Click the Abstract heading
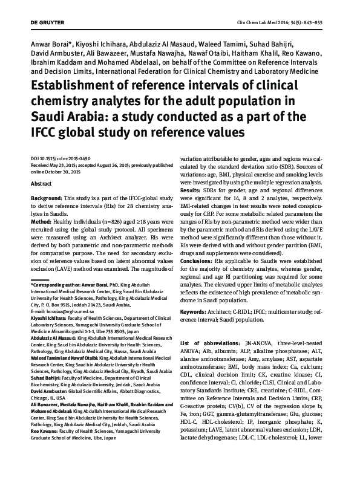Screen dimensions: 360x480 pos(41,182)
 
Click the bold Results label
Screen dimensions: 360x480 pos(192,190)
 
